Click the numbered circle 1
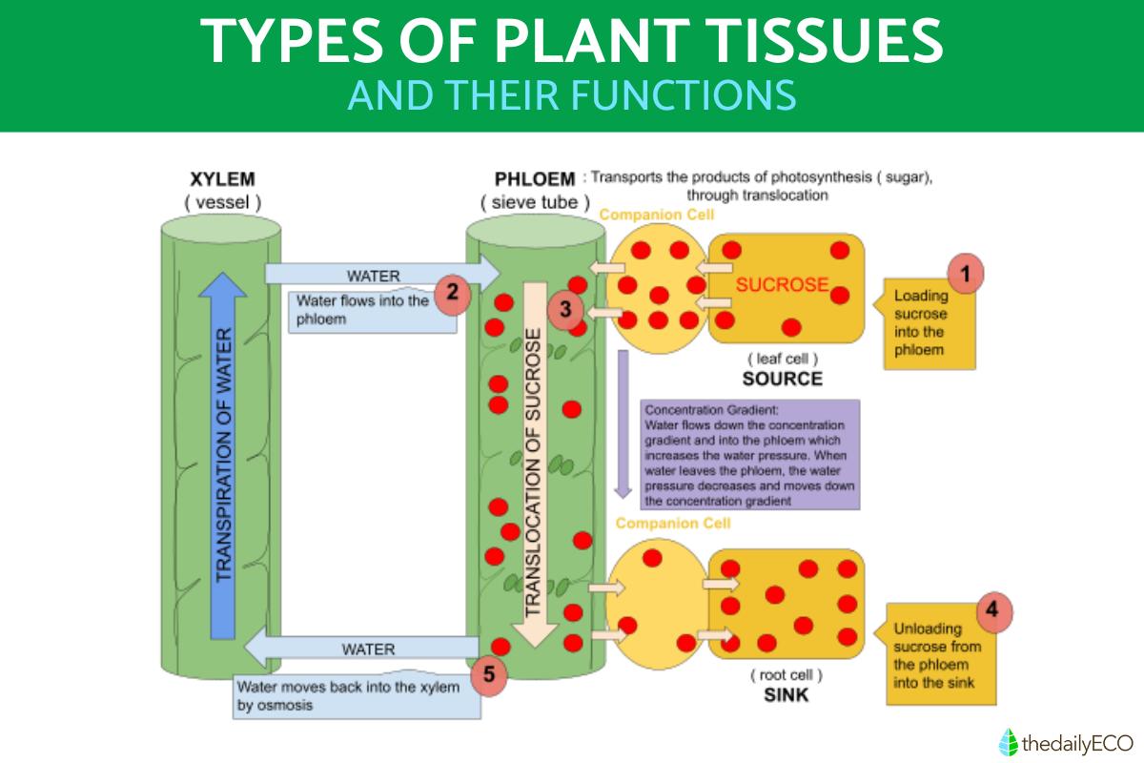965,274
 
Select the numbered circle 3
564,309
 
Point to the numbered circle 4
992,607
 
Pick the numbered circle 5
488,674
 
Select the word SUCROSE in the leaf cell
782,284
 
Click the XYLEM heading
222,179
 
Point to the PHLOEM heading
535,178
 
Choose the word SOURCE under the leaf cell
785,379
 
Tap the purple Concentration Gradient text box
752,454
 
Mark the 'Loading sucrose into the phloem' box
926,323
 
